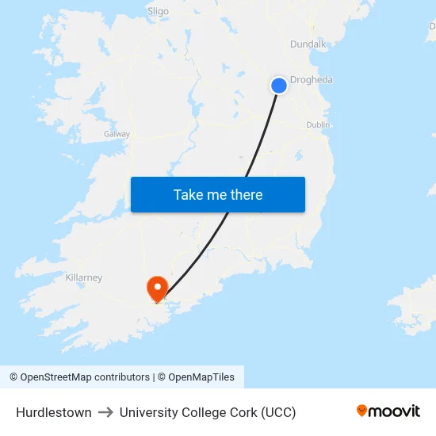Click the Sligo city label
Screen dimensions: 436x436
coord(158,11)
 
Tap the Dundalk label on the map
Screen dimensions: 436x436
coord(308,44)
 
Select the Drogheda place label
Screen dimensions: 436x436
coord(312,80)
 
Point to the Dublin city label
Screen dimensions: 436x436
coord(318,124)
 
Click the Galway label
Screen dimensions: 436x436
coord(117,134)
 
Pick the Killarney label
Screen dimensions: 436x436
coord(84,277)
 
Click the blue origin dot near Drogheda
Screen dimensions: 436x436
coord(279,85)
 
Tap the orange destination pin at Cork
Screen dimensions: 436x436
coord(158,288)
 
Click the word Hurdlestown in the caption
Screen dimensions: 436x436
coord(53,412)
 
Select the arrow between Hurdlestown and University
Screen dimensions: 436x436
coord(105,412)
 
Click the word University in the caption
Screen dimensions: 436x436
coord(147,412)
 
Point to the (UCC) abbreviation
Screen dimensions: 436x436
coord(278,412)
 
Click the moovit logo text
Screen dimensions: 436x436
coord(395,411)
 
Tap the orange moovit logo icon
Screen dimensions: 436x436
coord(362,411)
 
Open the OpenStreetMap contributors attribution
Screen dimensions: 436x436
coord(85,377)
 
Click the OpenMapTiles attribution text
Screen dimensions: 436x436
coord(201,377)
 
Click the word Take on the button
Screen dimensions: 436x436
coord(188,195)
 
